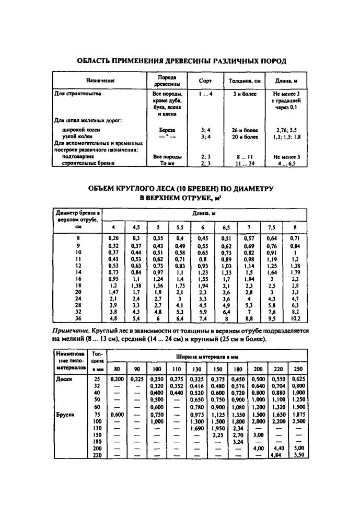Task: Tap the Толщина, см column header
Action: tap(245, 81)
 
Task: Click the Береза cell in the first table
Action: tap(167, 129)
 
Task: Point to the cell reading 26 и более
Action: tap(245, 129)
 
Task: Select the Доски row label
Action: tap(65, 379)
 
